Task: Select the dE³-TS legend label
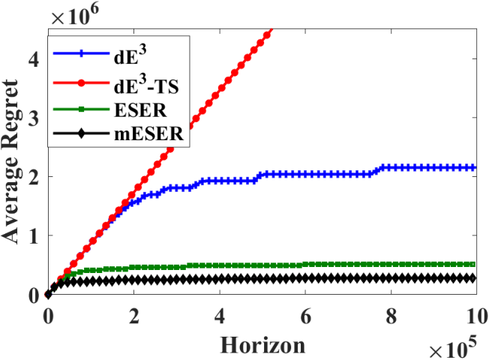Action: pyautogui.click(x=146, y=84)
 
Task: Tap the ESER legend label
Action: pyautogui.click(x=140, y=109)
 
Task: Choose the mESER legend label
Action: pyautogui.click(x=149, y=134)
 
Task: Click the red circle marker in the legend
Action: pyautogui.click(x=81, y=83)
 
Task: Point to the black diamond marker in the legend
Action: pyautogui.click(x=81, y=133)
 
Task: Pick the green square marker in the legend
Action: pyautogui.click(x=81, y=109)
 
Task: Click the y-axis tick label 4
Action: pyautogui.click(x=34, y=59)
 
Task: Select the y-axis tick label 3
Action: pyautogui.click(x=34, y=118)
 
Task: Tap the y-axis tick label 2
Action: pyautogui.click(x=34, y=176)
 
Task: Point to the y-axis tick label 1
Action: pyautogui.click(x=34, y=235)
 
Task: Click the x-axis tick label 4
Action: pyautogui.click(x=220, y=316)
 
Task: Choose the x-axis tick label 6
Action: pyautogui.click(x=306, y=316)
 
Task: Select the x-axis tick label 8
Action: pyautogui.click(x=391, y=316)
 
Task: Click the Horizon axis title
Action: pyautogui.click(x=262, y=345)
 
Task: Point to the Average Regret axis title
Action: pyautogui.click(x=10, y=161)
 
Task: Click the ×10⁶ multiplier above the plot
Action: pyautogui.click(x=75, y=14)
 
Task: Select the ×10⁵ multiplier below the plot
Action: pyautogui.click(x=453, y=347)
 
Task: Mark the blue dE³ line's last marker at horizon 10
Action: pyautogui.click(x=474, y=167)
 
